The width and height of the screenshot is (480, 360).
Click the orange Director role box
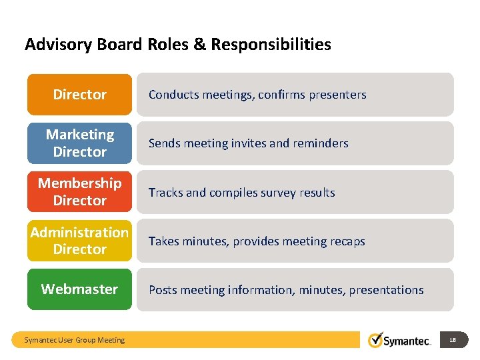coord(79,95)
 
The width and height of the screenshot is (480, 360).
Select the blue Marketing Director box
coord(79,143)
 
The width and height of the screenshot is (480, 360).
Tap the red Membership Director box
coord(79,192)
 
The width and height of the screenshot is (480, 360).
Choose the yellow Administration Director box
coord(79,241)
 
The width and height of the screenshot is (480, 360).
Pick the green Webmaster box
coord(79,289)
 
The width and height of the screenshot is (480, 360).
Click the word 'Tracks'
coord(165,193)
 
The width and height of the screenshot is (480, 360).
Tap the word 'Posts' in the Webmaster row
coord(163,290)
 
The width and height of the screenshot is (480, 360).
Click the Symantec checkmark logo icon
coord(376,340)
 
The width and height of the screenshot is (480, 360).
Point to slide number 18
coord(453,340)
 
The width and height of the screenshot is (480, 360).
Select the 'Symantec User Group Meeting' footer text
coord(74,340)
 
